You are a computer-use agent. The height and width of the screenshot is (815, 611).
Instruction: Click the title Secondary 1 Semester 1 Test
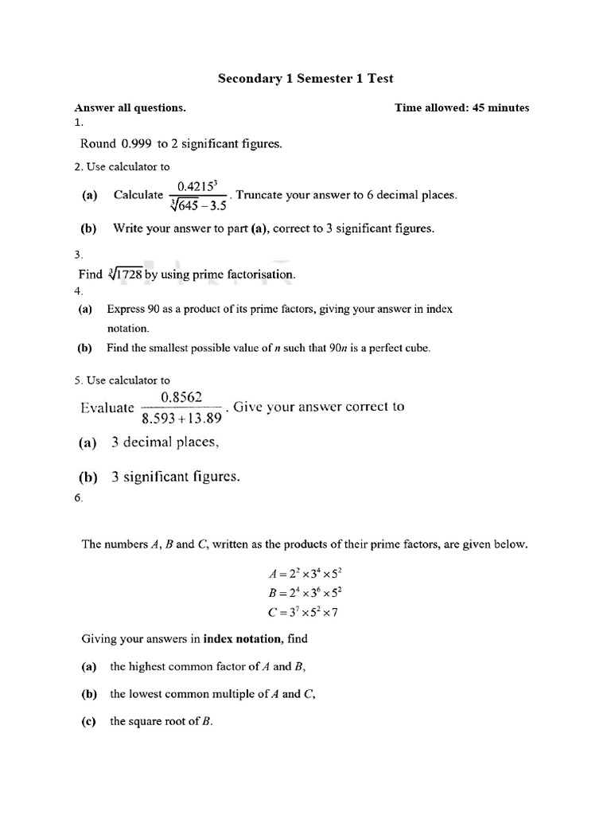305,78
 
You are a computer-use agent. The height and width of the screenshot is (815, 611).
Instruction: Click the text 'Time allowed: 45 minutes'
461,107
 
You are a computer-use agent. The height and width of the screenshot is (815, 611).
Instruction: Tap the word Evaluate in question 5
107,407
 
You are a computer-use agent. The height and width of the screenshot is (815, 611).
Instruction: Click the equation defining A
305,573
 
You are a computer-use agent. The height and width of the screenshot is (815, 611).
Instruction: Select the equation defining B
305,593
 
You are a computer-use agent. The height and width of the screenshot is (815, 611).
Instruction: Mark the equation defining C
305,612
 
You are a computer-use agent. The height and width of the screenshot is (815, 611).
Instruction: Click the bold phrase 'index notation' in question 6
244,638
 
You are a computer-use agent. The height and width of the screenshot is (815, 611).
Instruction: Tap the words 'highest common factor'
183,667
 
